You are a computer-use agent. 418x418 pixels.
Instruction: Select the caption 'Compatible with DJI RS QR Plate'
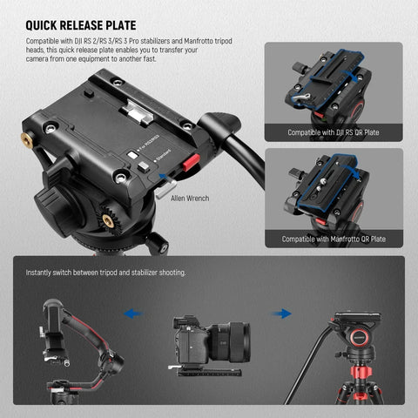(x=335, y=133)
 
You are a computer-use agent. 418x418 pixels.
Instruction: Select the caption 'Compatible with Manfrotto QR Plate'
(x=335, y=239)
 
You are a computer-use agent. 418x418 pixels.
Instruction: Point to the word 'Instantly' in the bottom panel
(x=40, y=273)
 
